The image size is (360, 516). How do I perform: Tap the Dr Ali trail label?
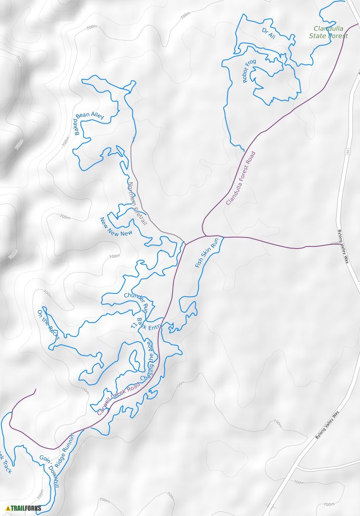(269, 33)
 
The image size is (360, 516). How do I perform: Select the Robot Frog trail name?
(249, 71)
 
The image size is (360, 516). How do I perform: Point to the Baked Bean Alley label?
(89, 121)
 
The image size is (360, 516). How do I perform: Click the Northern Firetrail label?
(137, 203)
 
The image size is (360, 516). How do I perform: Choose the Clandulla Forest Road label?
(241, 178)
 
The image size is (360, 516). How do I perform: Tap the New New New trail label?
(116, 227)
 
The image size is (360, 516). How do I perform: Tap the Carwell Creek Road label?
(118, 398)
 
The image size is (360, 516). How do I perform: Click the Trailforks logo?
(24, 508)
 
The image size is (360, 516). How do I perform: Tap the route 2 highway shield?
(347, 152)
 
